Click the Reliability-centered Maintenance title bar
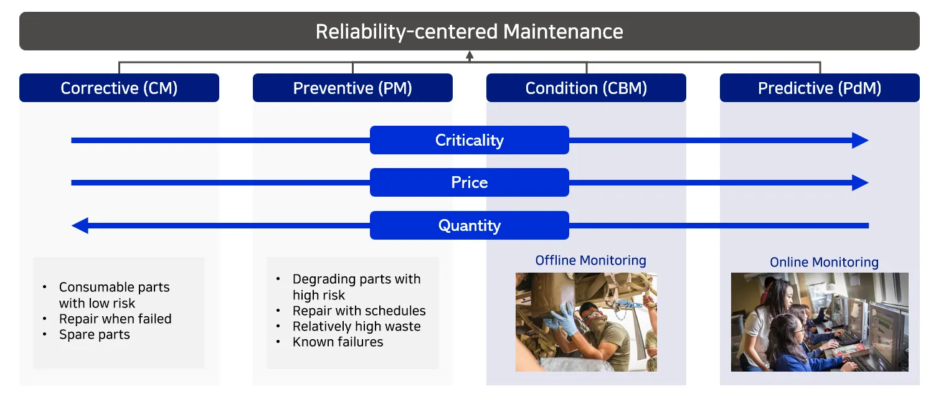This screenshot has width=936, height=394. (x=470, y=31)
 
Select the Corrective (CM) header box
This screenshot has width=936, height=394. (x=119, y=88)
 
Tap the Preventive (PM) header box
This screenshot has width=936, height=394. (x=352, y=88)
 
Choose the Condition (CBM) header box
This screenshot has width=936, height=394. (x=586, y=88)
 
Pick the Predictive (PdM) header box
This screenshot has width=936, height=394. (x=820, y=88)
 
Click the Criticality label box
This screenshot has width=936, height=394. (x=470, y=140)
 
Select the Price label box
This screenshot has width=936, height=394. (x=470, y=182)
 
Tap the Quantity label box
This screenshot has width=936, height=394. (x=470, y=225)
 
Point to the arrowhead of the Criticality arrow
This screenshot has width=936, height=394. (x=861, y=141)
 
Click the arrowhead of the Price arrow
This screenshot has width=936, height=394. (x=861, y=182)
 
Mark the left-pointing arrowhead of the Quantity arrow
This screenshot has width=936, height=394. (x=80, y=225)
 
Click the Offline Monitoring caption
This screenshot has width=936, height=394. (x=590, y=260)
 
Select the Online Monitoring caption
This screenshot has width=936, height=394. (x=824, y=262)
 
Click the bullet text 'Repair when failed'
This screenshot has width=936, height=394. (x=115, y=319)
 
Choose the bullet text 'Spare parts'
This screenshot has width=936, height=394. (x=95, y=335)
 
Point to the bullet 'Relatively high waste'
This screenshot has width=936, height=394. (x=356, y=326)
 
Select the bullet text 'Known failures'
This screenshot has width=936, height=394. (x=338, y=342)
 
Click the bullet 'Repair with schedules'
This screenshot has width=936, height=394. (x=359, y=311)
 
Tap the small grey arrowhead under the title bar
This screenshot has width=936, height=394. (x=470, y=55)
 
